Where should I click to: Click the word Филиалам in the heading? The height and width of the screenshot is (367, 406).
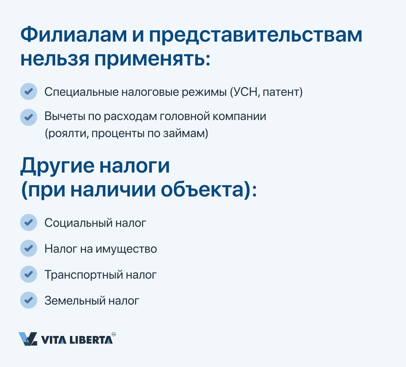click(x=74, y=35)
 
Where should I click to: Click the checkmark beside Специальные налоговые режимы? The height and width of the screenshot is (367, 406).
click(x=28, y=91)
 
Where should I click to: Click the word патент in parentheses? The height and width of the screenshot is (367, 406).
click(x=281, y=92)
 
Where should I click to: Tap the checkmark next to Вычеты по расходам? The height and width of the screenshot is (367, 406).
click(x=28, y=117)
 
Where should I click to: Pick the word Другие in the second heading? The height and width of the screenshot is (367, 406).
click(x=57, y=166)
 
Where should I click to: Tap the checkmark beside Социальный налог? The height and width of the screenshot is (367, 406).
click(x=28, y=222)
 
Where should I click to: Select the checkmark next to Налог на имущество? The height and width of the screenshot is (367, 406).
click(x=28, y=248)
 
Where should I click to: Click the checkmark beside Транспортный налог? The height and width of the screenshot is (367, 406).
click(x=28, y=274)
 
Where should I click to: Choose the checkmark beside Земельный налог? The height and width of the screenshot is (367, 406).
click(x=28, y=300)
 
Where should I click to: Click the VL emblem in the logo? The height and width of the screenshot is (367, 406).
click(x=28, y=339)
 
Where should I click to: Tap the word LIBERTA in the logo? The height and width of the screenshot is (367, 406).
click(x=91, y=340)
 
